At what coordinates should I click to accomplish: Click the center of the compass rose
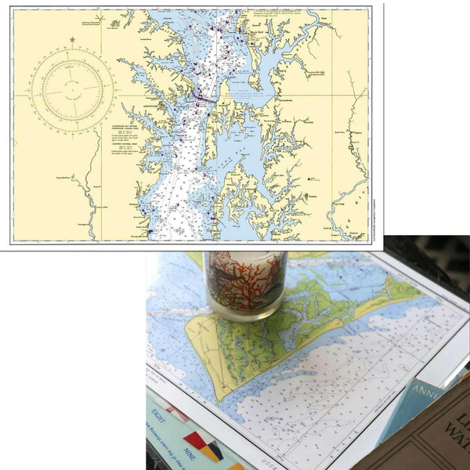71,91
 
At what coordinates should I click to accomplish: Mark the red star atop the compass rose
72,39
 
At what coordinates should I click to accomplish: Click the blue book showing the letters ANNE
423,400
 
